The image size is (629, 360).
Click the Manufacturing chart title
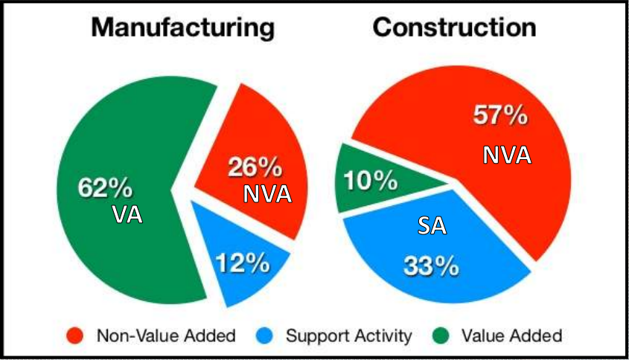[182, 28]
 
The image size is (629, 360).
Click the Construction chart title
[454, 28]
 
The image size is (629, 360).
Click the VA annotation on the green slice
[127, 215]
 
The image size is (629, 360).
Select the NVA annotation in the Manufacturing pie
[266, 194]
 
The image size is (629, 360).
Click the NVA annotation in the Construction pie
[507, 154]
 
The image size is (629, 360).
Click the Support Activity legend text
[348, 335]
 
